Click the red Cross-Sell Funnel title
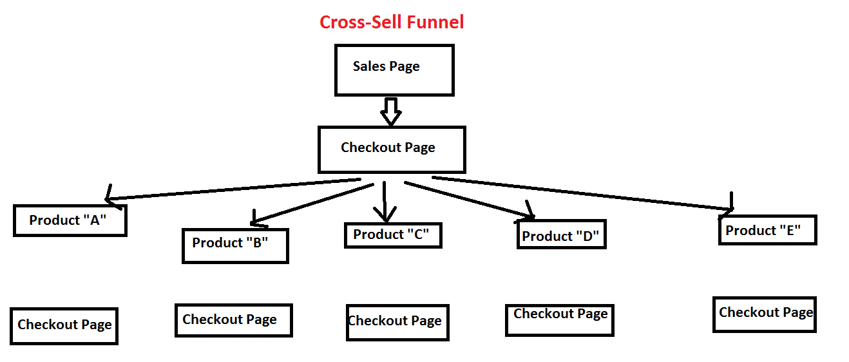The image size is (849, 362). [x=392, y=23]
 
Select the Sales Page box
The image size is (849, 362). [x=394, y=70]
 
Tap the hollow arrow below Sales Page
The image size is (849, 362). [x=390, y=112]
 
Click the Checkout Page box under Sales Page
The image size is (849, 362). [x=391, y=149]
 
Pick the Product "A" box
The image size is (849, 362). [x=70, y=220]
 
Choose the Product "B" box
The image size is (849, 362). [x=235, y=245]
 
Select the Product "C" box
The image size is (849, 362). [x=393, y=235]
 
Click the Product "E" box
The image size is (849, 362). [x=767, y=230]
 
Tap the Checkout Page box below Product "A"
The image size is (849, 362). [x=64, y=325]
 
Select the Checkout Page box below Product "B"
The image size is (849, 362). [x=233, y=320]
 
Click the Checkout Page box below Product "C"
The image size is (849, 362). [x=397, y=322]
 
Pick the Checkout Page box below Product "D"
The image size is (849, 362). [x=559, y=320]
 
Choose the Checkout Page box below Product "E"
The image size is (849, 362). [x=764, y=314]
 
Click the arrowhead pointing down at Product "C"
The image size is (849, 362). [x=385, y=214]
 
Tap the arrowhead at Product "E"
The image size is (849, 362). [x=729, y=205]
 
